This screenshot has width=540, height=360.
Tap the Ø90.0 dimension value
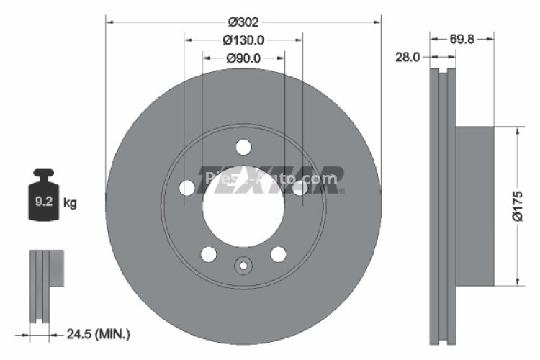coord(243,58)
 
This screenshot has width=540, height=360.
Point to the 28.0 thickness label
coord(408,57)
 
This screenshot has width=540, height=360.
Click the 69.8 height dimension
coord(462,40)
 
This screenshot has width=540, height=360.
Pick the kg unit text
coord(70,203)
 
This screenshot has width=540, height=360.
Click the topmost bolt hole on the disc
coord(243,148)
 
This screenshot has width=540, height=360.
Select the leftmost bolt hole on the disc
coord(187,188)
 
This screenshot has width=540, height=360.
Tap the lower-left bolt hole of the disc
coord(209,253)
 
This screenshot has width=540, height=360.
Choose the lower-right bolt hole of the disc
coord(278,253)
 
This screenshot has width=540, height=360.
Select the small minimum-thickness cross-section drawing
coord(45,284)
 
